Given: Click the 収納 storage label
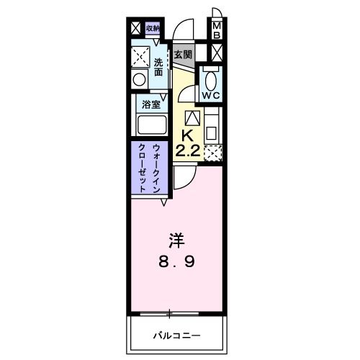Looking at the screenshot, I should pyautogui.click(x=153, y=29).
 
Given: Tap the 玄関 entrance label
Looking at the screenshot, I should pyautogui.click(x=183, y=55).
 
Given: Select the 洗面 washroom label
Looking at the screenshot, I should pyautogui.click(x=159, y=67).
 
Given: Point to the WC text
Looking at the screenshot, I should pyautogui.click(x=211, y=94).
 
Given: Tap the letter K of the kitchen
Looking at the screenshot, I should pyautogui.click(x=186, y=135).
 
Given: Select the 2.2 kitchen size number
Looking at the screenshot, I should pyautogui.click(x=186, y=150).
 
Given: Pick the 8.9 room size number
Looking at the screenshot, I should pyautogui.click(x=176, y=261).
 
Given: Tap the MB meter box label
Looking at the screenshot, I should pyautogui.click(x=216, y=30).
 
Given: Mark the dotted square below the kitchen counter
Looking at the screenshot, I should pyautogui.click(x=212, y=153).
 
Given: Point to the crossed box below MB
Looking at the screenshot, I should pyautogui.click(x=216, y=53).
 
